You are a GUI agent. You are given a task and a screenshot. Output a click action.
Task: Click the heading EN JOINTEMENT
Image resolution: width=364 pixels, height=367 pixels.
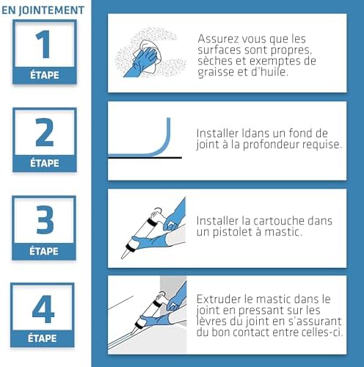pos(43,10)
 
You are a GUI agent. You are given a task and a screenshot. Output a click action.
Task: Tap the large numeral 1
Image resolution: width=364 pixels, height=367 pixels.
pos(43,44)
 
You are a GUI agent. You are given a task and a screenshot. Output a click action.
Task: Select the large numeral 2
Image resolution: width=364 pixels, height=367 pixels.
pos(44,132)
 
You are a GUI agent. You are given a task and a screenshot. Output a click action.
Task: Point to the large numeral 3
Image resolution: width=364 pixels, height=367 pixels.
pos(45,219)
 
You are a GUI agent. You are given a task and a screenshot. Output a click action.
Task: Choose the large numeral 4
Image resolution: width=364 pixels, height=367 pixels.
pos(43,309)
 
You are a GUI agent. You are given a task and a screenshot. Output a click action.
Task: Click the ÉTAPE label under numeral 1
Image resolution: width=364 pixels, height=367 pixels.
pos(45,75)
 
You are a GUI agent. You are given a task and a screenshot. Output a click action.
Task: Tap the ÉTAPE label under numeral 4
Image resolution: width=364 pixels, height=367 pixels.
pos(42,338)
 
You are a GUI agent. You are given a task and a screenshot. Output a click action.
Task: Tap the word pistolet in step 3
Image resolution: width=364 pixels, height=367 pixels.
pos(233,232)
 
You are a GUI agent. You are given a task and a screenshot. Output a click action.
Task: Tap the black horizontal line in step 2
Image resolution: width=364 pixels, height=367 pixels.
pos(145,158)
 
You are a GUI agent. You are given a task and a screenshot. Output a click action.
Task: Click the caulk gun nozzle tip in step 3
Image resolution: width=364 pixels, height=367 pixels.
pos(123,257)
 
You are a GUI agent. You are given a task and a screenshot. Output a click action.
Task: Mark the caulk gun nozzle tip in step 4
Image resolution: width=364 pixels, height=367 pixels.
pos(132,333)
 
